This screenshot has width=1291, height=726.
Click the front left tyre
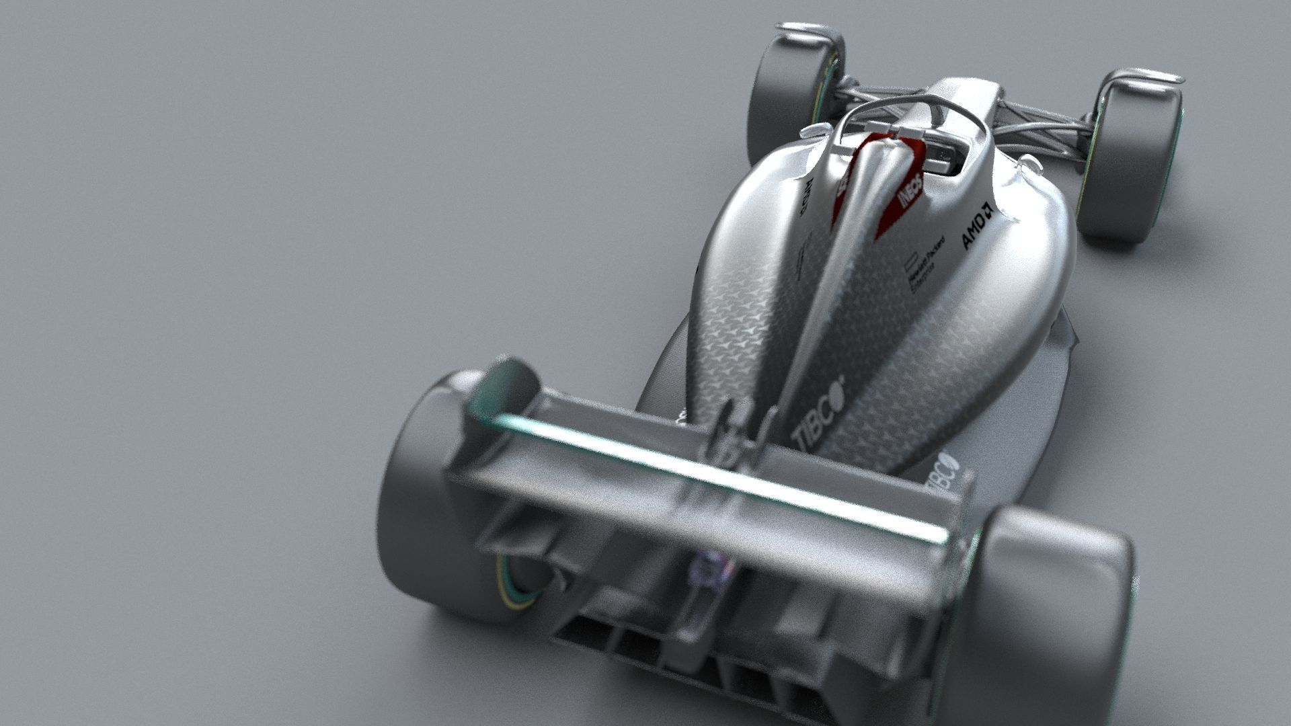click(787, 87)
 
